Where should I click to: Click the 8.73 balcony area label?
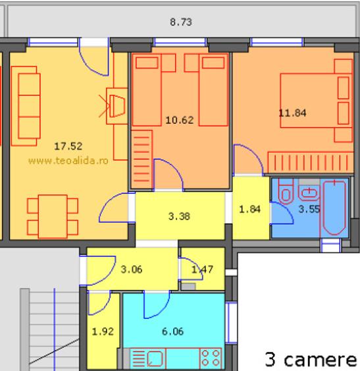pos(181,22)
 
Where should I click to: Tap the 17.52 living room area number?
pos(68,146)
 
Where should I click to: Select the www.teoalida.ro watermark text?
pos(68,161)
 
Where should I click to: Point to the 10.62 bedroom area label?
pos(180,120)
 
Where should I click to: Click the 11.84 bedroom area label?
pos(292,113)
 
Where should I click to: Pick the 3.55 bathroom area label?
pos(309,209)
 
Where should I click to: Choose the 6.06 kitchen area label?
pos(172,331)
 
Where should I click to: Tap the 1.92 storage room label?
pos(103,331)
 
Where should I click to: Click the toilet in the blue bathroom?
pos(286,191)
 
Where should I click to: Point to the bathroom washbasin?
pos(309,192)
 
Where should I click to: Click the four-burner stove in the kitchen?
pos(211,358)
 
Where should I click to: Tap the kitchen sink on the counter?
pos(155,358)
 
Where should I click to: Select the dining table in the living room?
pos(53,217)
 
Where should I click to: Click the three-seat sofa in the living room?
pos(26,106)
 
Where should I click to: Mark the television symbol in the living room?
pos(117,106)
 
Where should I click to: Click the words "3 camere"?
pos(311,359)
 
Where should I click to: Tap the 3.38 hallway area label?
pos(179,216)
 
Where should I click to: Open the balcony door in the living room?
pos(94,57)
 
